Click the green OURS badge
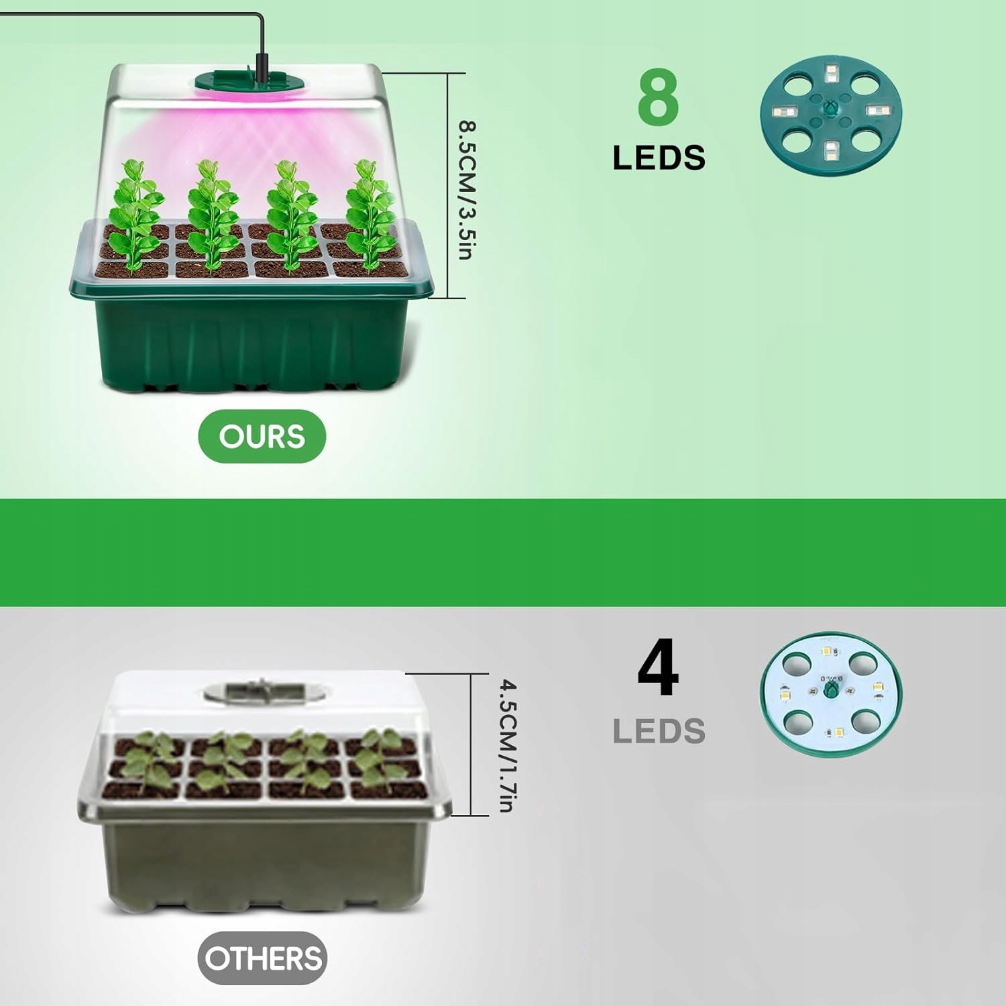[262, 437]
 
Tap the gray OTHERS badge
[262, 958]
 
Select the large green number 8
[658, 99]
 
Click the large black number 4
[658, 668]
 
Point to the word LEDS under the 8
[659, 158]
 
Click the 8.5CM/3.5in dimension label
[467, 190]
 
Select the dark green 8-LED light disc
[830, 115]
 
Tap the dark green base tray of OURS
[251, 342]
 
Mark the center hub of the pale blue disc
[831, 689]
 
